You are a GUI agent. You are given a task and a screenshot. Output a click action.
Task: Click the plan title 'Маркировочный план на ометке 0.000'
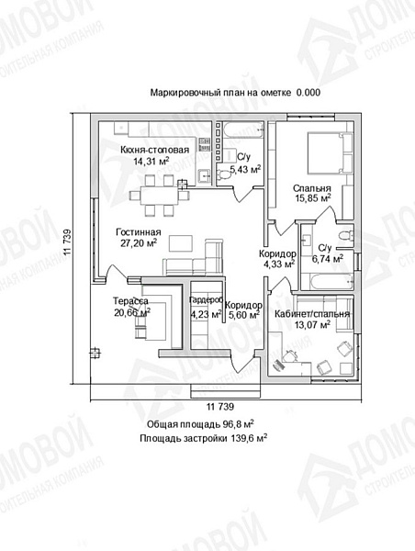235,93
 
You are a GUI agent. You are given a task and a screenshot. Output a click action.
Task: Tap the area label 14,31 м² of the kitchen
151,162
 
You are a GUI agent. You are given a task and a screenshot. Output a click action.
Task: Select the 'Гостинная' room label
139,232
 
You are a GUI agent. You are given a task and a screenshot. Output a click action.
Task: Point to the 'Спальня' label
312,188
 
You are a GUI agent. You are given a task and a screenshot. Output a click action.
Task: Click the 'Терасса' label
130,301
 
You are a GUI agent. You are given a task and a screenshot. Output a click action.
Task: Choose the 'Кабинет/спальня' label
312,314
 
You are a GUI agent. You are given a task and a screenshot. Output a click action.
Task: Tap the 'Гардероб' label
206,300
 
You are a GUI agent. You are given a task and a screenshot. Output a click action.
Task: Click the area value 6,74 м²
328,259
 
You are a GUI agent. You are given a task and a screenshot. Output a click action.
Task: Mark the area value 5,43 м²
245,170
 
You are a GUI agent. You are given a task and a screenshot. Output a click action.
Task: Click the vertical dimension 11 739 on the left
67,242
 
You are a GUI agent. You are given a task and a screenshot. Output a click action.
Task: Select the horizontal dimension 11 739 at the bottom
220,407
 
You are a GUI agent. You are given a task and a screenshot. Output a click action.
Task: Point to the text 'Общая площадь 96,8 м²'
201,424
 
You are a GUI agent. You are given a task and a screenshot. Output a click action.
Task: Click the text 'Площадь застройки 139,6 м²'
204,438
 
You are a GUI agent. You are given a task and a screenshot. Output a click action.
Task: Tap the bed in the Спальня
330,152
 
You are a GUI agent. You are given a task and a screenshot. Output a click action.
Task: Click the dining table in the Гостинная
160,196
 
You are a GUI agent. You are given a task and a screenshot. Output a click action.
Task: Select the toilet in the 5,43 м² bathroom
223,174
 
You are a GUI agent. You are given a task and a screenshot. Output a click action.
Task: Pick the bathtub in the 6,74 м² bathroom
331,282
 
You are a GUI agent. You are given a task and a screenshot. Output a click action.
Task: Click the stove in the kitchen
204,144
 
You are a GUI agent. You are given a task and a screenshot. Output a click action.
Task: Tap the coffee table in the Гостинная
180,243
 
